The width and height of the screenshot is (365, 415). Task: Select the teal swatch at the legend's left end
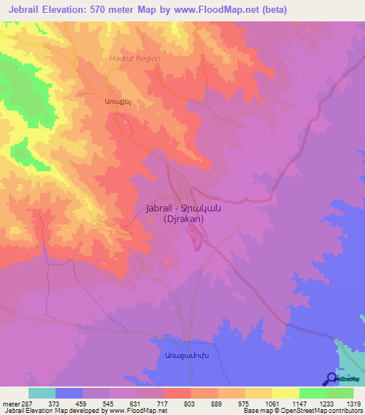coord(42,393)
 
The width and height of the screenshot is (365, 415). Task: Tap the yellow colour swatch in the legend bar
coord(258,393)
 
